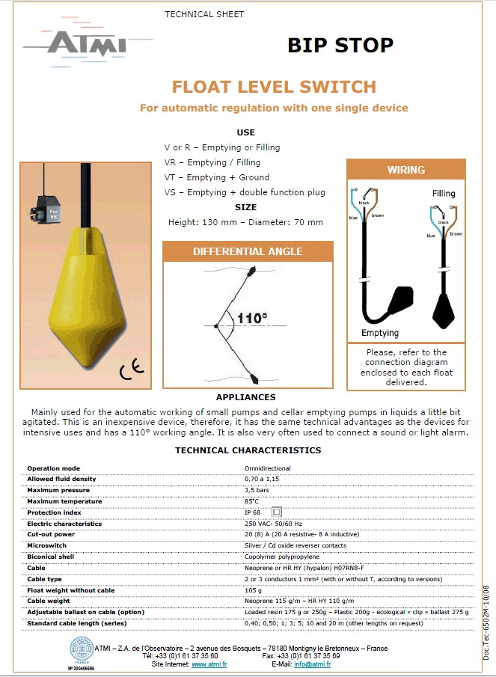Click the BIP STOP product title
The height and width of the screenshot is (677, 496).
(340, 46)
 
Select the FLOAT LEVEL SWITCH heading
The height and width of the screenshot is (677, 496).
(274, 87)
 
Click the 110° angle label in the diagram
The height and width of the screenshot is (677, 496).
(251, 319)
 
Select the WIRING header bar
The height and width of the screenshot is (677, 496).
(405, 170)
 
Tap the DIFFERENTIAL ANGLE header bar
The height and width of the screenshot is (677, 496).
(248, 251)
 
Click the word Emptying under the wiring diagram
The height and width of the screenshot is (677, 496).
(380, 333)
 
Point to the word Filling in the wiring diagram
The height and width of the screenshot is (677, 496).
(444, 194)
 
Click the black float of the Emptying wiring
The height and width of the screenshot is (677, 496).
(402, 299)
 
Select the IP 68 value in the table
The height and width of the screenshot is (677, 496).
(253, 512)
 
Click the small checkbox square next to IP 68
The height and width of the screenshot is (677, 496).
(276, 512)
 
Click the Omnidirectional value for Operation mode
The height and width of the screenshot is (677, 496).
(266, 468)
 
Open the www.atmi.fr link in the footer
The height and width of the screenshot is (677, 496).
(209, 664)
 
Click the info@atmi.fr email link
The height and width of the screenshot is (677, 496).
(312, 664)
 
